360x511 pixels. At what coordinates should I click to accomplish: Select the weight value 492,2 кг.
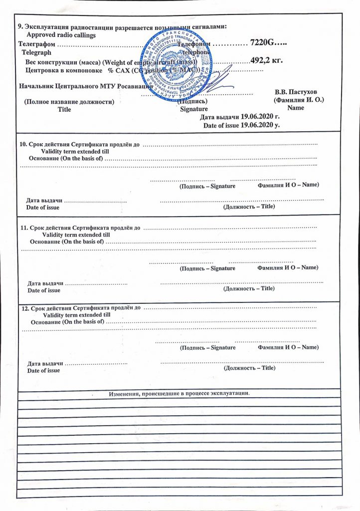[266, 60]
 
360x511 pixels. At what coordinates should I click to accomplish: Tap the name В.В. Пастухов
[299, 92]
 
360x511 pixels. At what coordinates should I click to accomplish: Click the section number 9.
[19, 26]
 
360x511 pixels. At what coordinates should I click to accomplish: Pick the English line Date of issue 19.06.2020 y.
[241, 125]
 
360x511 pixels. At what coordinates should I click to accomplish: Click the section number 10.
[22, 144]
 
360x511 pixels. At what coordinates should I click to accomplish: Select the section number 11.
[23, 228]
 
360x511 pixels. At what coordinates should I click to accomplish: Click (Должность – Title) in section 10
[249, 206]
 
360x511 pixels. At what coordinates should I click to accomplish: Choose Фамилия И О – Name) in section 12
[288, 346]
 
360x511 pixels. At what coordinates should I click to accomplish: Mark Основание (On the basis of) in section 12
[68, 322]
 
